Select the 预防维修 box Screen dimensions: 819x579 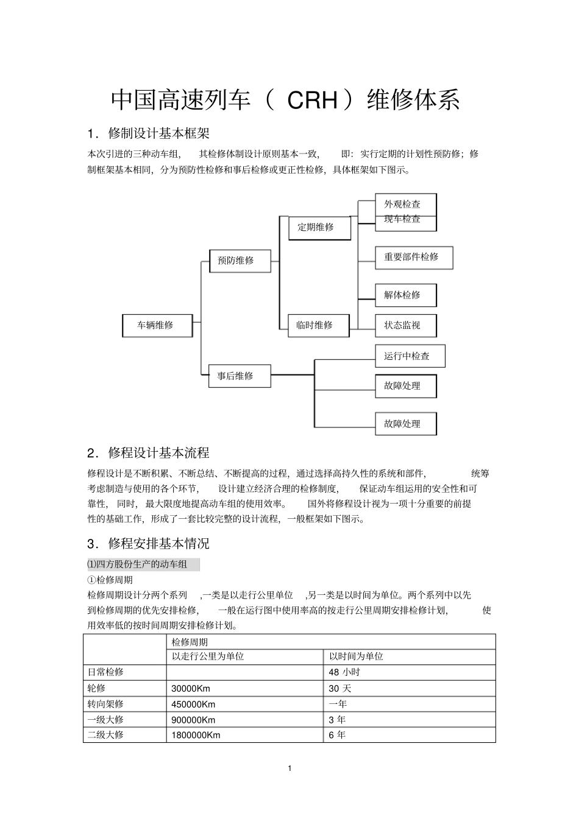tap(240, 261)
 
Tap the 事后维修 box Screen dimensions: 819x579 tap(240, 376)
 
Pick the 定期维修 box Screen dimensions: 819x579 tap(319, 227)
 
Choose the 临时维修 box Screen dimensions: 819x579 tap(319, 325)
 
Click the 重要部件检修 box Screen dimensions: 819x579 tap(413, 257)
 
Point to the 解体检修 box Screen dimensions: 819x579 tap(405, 295)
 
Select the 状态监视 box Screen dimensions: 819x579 tap(405, 325)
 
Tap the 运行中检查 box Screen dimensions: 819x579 tap(410, 356)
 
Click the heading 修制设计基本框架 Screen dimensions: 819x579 tap(158, 133)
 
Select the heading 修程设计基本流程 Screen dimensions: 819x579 tap(158, 453)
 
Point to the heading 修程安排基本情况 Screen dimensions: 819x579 tap(158, 544)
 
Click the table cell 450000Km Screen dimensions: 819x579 tap(193, 704)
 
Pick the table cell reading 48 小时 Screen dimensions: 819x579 tap(344, 672)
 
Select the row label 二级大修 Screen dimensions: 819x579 tap(105, 735)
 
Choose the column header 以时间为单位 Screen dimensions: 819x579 tap(356, 656)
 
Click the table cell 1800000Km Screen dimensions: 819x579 tap(196, 735)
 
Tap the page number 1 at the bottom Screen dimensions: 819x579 tap(289, 768)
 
